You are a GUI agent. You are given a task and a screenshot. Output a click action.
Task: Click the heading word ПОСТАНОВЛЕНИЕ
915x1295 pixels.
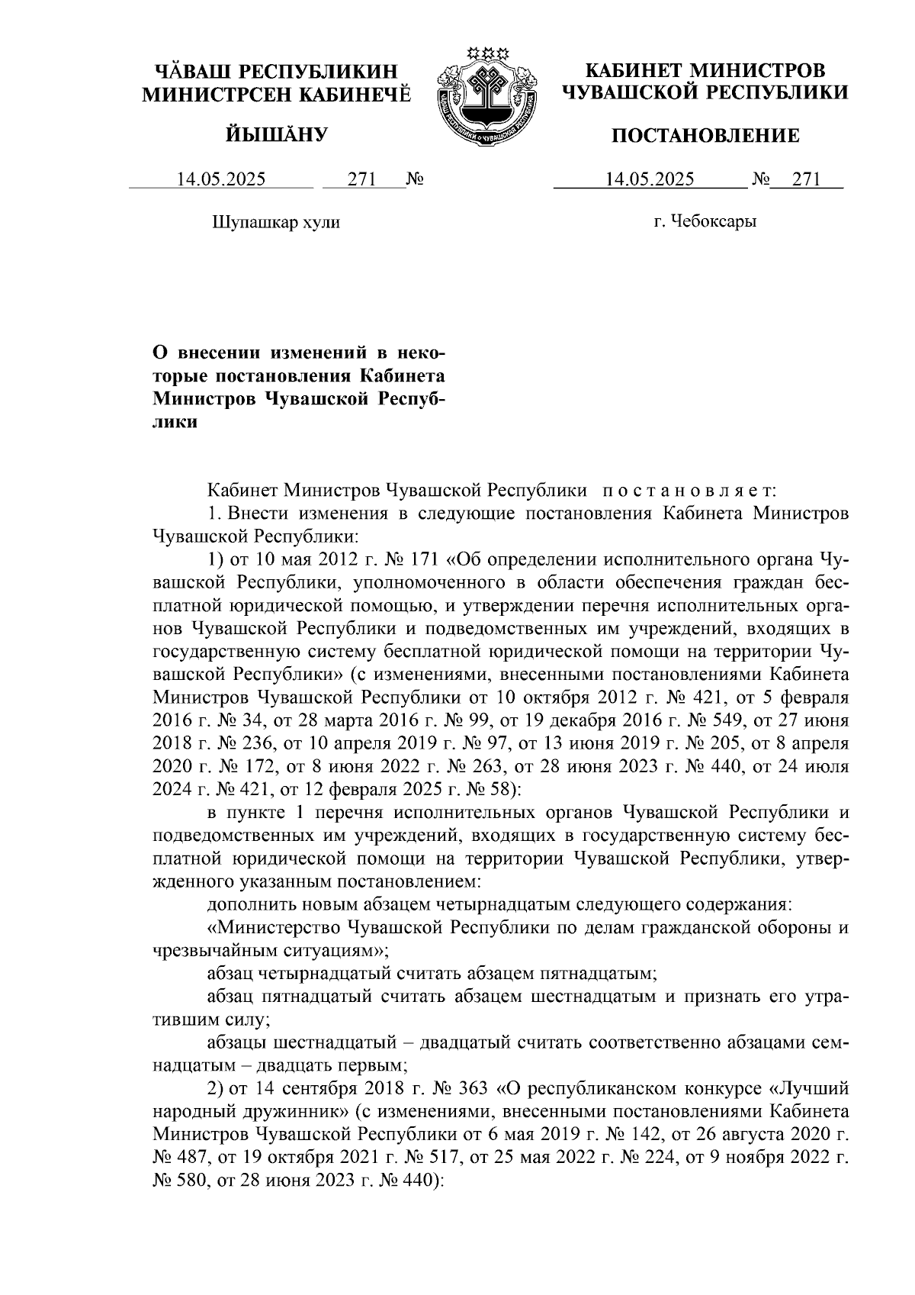tap(705, 137)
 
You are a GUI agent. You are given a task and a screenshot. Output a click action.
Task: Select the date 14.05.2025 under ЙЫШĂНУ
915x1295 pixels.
tap(221, 180)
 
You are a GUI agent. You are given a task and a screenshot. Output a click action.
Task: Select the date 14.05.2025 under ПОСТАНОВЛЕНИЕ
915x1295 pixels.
tap(650, 180)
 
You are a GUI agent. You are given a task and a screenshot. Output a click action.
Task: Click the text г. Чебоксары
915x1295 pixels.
tap(705, 222)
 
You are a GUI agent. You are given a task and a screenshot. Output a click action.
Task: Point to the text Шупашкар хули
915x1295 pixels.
tap(274, 222)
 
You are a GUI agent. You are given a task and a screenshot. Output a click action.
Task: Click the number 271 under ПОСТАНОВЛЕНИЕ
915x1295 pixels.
tap(806, 180)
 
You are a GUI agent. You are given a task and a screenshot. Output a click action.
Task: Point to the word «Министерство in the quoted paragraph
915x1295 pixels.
tap(275, 929)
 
